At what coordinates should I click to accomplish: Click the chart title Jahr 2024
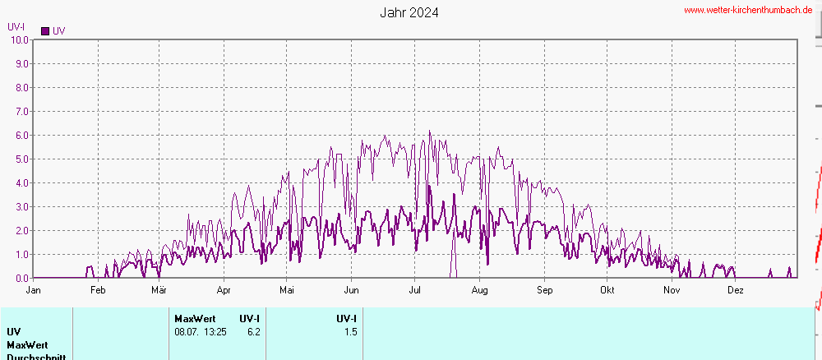click(x=409, y=13)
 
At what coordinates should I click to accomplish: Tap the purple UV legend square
click(x=45, y=31)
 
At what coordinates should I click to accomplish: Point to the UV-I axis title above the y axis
click(x=16, y=26)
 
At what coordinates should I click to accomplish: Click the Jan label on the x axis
click(x=34, y=290)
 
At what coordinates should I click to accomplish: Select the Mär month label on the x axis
click(x=159, y=290)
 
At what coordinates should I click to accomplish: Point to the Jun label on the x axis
click(x=351, y=290)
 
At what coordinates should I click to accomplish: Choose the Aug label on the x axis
click(x=480, y=290)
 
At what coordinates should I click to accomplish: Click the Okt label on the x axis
click(x=607, y=290)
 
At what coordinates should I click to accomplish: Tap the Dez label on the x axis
click(x=736, y=290)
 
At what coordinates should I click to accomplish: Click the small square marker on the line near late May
click(x=339, y=155)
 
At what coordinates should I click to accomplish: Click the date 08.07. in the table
click(x=188, y=332)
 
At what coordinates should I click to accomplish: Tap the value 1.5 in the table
click(x=350, y=332)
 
